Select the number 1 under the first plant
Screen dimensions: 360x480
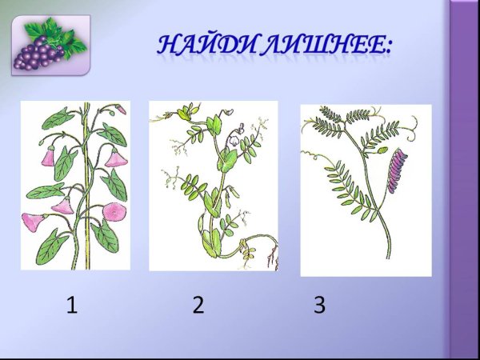[72, 305]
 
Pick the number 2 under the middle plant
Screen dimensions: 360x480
[198, 305]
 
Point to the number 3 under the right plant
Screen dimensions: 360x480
[319, 305]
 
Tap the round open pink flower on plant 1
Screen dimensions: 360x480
[114, 211]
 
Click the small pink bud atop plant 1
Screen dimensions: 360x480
[121, 110]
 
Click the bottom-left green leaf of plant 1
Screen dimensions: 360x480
[50, 246]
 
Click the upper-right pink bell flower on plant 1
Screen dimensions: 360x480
[117, 158]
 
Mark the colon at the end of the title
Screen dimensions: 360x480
[388, 48]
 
